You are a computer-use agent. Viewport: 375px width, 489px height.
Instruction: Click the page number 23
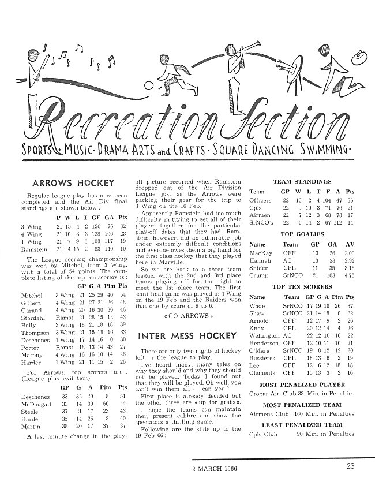pyautogui.click(x=351, y=468)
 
